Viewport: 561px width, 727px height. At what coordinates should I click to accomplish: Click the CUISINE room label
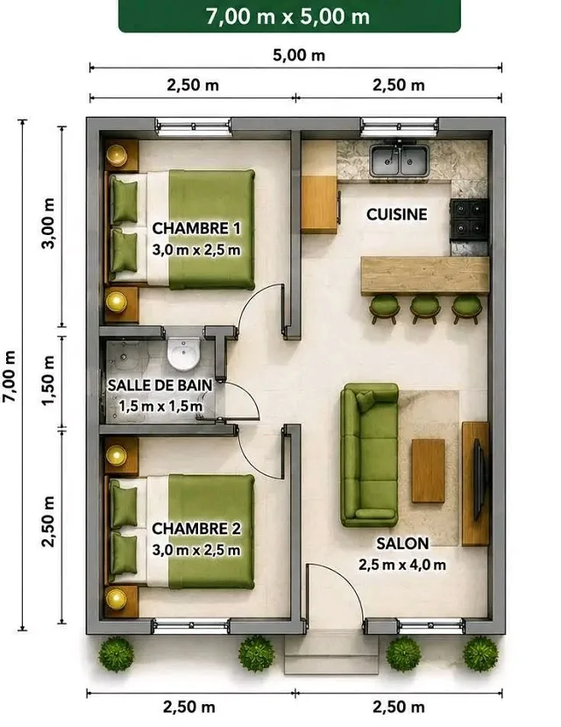[396, 214]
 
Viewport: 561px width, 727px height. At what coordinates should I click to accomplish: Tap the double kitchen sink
[399, 161]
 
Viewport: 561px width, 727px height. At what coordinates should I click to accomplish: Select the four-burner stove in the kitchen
[469, 219]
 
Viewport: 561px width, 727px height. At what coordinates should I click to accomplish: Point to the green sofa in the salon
[369, 455]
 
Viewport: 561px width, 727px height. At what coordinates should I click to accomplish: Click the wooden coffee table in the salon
[428, 471]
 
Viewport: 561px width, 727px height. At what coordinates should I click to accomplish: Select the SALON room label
[402, 544]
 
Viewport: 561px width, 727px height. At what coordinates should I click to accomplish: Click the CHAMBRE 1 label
[196, 228]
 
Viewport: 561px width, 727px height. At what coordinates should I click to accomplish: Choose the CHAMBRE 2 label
[196, 529]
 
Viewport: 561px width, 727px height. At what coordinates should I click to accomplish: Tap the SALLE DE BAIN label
[160, 385]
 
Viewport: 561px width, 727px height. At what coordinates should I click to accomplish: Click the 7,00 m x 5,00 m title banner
[289, 17]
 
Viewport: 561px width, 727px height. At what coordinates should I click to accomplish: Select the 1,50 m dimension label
[48, 381]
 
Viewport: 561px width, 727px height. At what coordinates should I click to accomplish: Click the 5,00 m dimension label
[299, 55]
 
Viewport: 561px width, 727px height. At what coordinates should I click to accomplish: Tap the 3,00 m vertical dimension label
[48, 224]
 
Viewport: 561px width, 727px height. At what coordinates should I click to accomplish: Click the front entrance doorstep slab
[330, 652]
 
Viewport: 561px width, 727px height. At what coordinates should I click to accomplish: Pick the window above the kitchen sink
[400, 126]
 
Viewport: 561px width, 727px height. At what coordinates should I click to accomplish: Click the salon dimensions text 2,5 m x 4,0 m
[402, 565]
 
